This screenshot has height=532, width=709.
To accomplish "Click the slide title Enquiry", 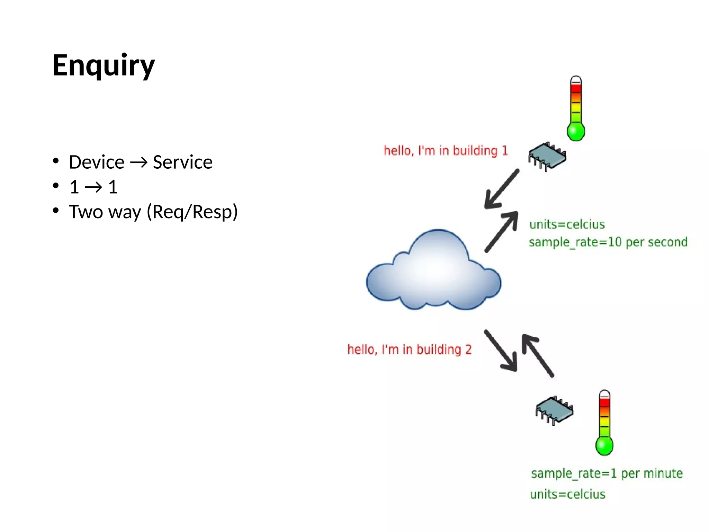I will point(103,66).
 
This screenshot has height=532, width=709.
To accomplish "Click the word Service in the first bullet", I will point(182,162).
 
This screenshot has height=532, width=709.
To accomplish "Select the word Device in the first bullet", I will point(97,162).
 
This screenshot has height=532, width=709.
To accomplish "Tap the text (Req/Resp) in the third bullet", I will point(192,212).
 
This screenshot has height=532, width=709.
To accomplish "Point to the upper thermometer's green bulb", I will point(576,132).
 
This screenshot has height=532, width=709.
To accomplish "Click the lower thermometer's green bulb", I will point(604,446).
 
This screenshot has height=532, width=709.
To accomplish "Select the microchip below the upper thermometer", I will point(547,156).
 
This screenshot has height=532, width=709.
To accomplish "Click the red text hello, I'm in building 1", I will point(446,151).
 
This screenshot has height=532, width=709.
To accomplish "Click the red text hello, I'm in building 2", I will point(409,349).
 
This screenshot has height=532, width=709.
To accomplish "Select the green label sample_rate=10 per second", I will point(608,242).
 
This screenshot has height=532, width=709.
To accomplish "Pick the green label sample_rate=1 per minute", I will point(607,473).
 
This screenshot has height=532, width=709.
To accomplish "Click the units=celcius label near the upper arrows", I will point(567,224).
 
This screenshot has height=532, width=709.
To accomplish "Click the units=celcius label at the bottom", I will point(567,494).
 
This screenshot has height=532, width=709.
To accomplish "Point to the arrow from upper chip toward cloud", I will point(502,189).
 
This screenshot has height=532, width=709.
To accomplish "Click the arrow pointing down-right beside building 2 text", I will point(501,351).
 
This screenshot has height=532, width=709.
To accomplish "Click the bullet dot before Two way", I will point(56,211).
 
